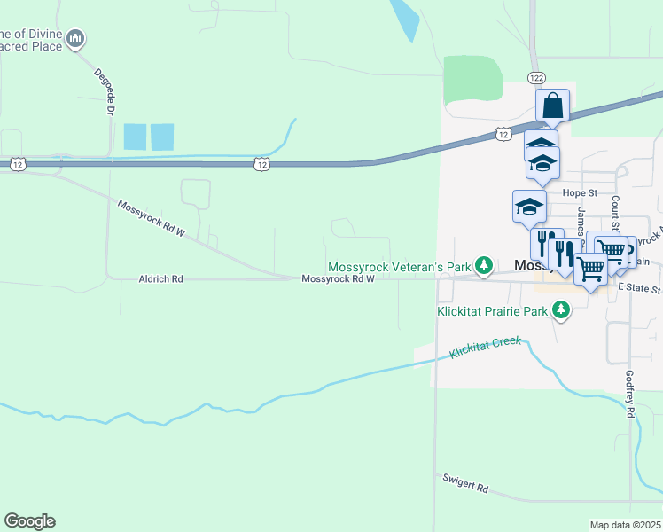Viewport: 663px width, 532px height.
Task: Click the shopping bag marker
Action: point(552,106)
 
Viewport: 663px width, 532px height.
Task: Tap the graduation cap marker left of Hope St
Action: point(529,207)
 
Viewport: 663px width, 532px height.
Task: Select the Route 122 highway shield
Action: point(534,78)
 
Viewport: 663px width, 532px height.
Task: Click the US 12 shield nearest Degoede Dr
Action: point(18,164)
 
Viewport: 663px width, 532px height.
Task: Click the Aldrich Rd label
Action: point(160,278)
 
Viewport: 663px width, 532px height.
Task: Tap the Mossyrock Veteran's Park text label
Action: point(400,266)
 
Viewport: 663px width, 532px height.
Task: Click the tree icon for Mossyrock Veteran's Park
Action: point(483,265)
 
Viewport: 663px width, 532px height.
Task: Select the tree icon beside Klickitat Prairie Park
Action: point(560,310)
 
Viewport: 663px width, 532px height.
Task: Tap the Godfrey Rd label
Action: point(630,395)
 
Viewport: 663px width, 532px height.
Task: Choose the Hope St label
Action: point(581,192)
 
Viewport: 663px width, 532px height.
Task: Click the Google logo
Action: point(29,521)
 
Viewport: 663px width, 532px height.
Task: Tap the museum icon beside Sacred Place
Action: point(76,38)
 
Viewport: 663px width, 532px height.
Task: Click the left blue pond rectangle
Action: point(135,137)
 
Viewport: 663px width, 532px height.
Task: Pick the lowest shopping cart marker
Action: point(590,268)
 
